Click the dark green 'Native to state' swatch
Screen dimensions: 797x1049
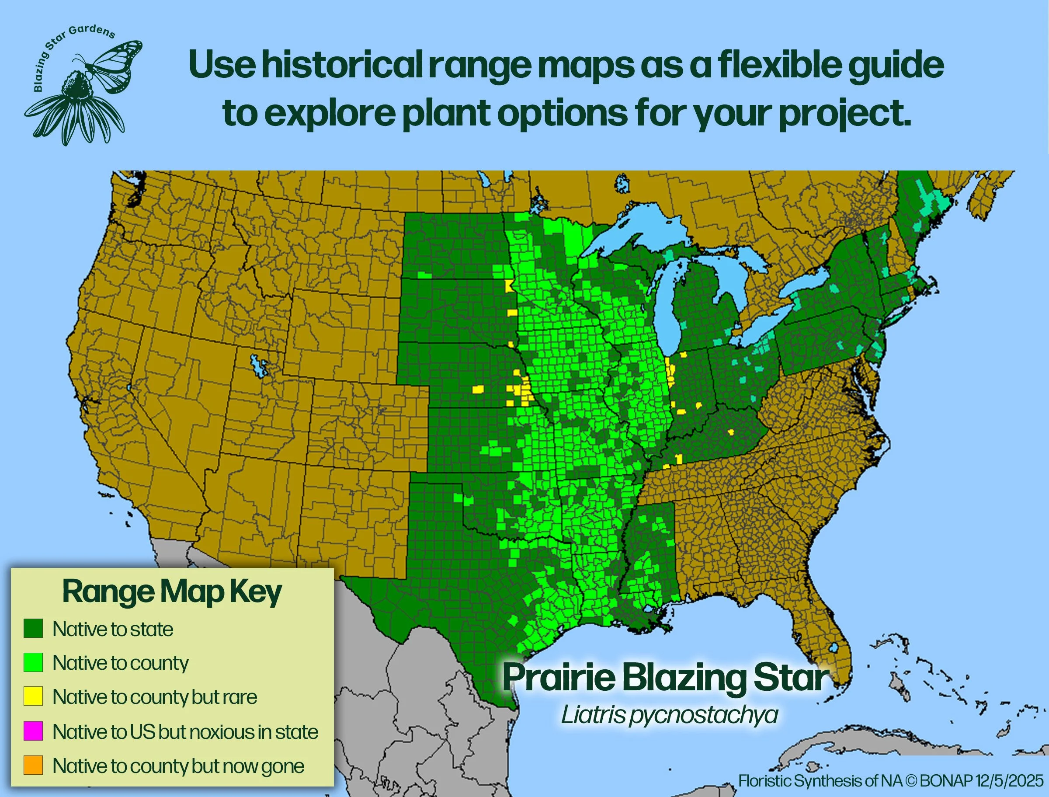[x=33, y=629]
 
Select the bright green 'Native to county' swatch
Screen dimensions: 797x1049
[x=33, y=662]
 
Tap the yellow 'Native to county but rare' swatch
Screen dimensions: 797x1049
[x=33, y=696]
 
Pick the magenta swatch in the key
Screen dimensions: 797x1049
[x=33, y=731]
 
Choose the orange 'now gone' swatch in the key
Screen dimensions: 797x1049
[x=33, y=765]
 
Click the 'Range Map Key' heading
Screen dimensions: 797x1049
[x=172, y=592]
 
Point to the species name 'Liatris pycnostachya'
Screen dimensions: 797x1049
[x=669, y=715]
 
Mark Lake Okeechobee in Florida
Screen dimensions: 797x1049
[x=833, y=648]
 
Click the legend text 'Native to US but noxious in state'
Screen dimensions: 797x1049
[x=185, y=731]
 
